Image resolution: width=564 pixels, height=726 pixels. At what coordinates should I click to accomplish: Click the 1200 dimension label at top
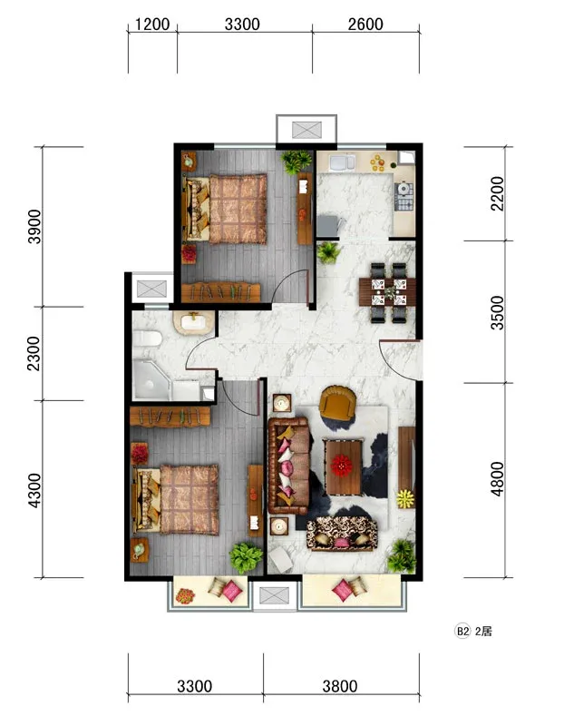(x=152, y=25)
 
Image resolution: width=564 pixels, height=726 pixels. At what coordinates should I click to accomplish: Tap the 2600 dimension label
(x=365, y=25)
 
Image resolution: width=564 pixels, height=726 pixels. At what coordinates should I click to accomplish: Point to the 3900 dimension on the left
(x=34, y=226)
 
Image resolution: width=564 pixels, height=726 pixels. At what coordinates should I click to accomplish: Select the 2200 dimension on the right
(x=497, y=193)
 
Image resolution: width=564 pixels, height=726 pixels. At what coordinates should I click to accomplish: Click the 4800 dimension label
(x=497, y=479)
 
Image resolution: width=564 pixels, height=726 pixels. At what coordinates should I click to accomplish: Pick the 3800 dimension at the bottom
(x=340, y=686)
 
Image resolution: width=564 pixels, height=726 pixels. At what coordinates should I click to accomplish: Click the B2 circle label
(x=462, y=631)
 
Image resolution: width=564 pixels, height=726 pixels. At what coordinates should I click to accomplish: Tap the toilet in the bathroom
(x=147, y=338)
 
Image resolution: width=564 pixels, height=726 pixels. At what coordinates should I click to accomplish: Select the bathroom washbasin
(x=194, y=322)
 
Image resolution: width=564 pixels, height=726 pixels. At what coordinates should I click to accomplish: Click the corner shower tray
(x=151, y=379)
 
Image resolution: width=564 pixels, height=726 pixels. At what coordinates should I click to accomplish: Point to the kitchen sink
(x=342, y=162)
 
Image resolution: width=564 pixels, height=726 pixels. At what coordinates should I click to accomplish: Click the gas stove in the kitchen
(x=404, y=197)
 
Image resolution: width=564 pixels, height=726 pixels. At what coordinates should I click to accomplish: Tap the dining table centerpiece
(x=390, y=291)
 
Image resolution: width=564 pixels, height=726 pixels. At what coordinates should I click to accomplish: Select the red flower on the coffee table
(x=342, y=466)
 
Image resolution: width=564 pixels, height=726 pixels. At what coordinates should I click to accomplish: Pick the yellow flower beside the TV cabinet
(x=405, y=498)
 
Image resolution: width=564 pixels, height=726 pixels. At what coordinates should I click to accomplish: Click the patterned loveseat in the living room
(x=342, y=534)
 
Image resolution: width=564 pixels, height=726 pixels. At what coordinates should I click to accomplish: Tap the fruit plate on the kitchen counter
(x=378, y=163)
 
